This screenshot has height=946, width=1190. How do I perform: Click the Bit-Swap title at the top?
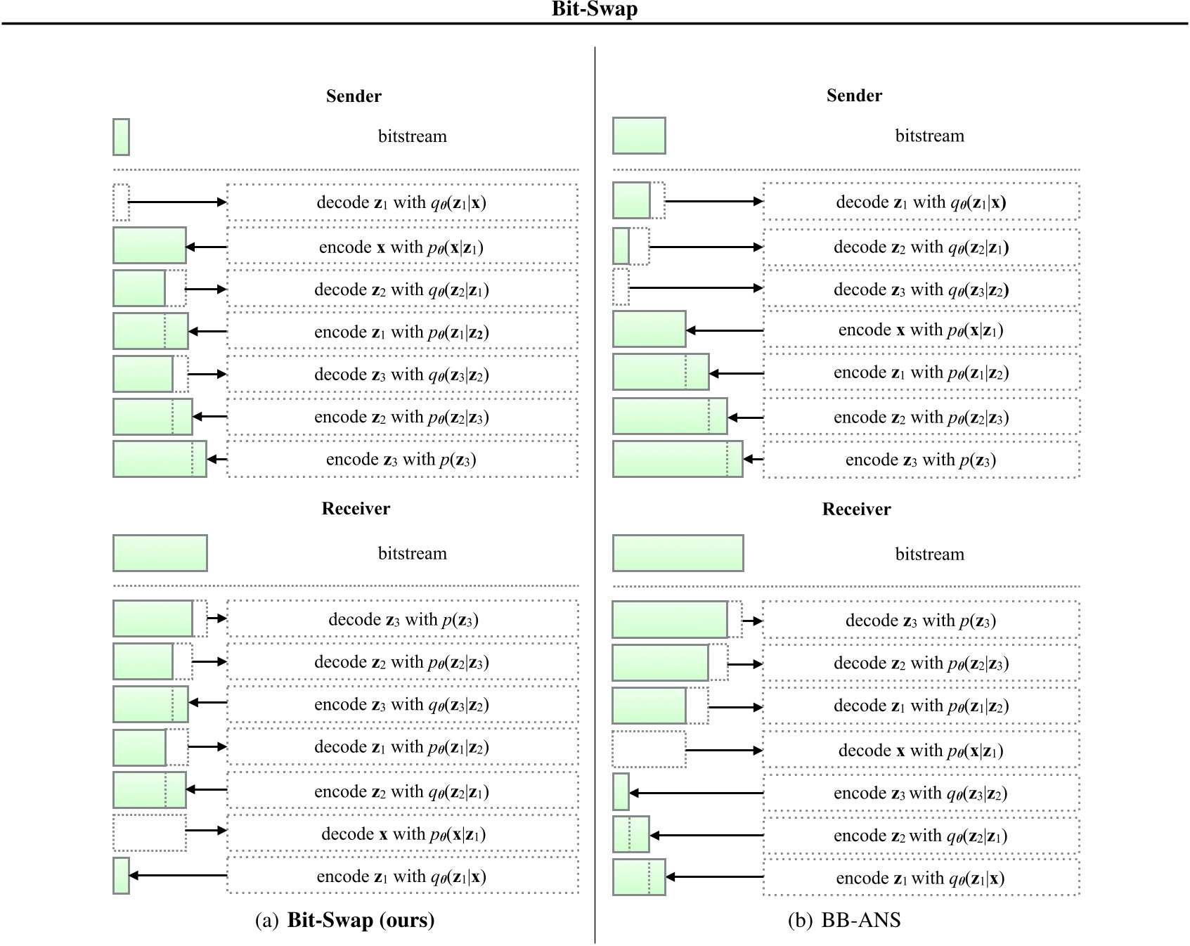click(x=594, y=10)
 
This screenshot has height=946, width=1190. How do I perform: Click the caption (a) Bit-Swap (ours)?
click(x=344, y=920)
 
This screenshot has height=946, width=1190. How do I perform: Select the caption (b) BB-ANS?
click(x=844, y=920)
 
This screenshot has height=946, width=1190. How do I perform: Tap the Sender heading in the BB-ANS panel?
click(x=853, y=96)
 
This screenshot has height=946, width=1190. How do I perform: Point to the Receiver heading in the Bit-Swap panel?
click(x=356, y=509)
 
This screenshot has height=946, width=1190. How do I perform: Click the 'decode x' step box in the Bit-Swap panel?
click(x=403, y=834)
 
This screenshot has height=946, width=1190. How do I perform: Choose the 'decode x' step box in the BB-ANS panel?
click(x=921, y=751)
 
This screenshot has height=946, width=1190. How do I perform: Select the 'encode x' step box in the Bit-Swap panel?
click(x=403, y=247)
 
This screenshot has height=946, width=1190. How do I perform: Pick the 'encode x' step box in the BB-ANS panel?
click(x=921, y=330)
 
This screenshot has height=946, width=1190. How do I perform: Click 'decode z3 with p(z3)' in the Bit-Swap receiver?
click(x=403, y=620)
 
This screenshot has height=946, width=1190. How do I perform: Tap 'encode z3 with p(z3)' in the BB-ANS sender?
click(x=921, y=460)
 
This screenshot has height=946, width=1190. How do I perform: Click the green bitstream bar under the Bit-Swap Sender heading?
click(x=121, y=137)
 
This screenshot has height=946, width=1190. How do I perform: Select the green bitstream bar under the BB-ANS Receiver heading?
click(x=678, y=553)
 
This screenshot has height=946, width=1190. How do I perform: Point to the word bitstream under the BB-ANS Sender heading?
click(x=929, y=136)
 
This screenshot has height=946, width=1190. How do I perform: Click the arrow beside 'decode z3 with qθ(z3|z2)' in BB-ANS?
click(x=696, y=288)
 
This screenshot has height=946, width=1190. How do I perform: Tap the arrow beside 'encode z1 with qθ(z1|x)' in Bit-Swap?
click(x=178, y=876)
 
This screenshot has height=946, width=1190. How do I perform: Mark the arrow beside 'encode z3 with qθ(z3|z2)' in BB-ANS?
click(x=696, y=793)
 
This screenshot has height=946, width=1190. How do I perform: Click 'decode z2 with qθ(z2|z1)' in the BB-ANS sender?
click(x=921, y=247)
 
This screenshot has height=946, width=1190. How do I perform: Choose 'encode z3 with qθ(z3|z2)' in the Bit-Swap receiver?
click(x=403, y=705)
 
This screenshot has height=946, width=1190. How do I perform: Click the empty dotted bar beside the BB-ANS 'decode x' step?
click(x=648, y=750)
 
